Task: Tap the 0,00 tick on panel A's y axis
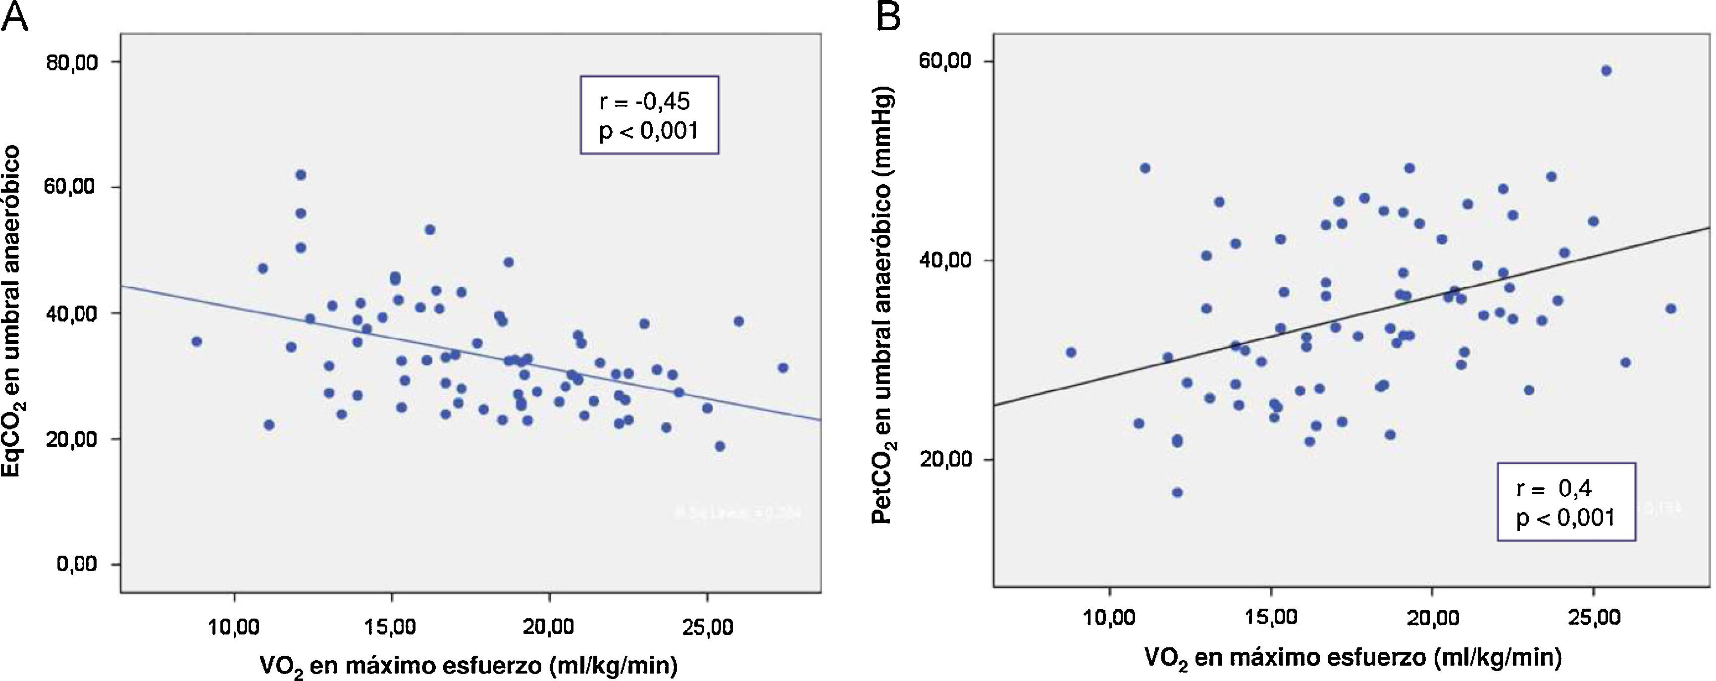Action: (77, 565)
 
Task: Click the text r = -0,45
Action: (645, 102)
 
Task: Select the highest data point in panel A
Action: (301, 174)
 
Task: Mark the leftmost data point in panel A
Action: (196, 341)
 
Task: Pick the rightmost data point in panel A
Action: (783, 368)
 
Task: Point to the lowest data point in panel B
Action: (1177, 492)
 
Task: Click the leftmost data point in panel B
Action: (1071, 352)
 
